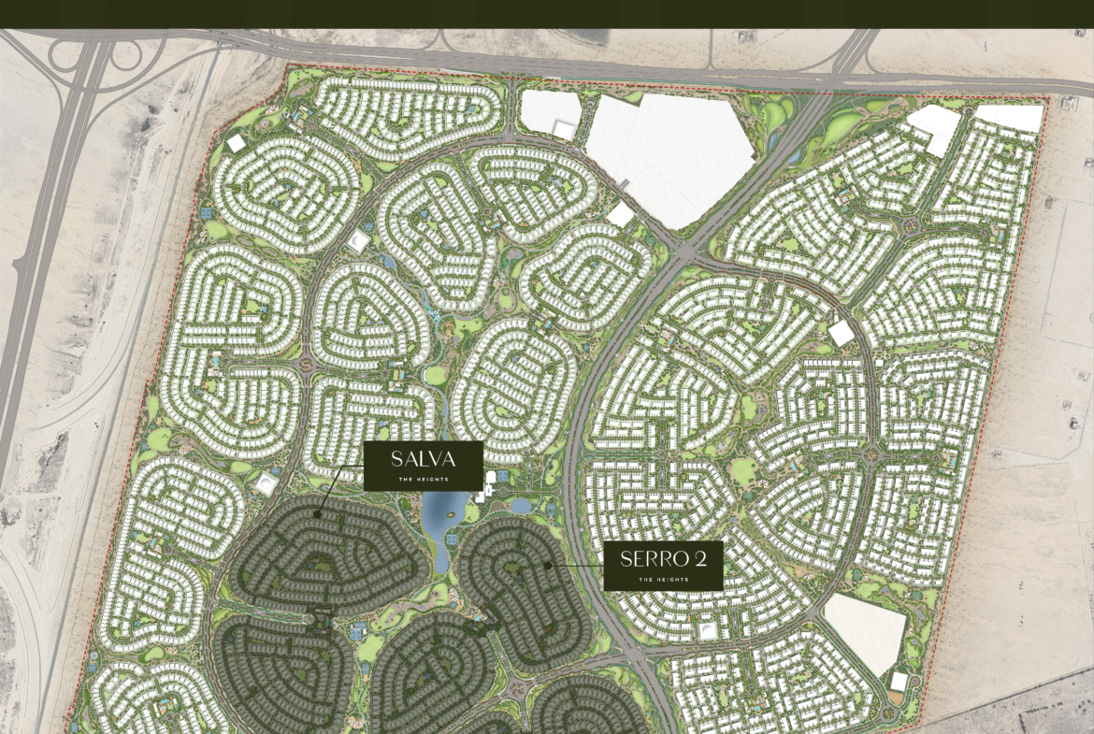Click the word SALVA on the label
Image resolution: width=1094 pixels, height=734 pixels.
click(x=423, y=459)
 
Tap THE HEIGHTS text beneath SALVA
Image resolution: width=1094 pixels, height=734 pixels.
click(x=423, y=479)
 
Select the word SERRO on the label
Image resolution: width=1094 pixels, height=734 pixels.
click(x=651, y=559)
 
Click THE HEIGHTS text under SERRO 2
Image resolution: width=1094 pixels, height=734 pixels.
click(x=663, y=580)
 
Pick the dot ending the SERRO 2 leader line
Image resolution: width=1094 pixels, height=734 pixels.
click(x=547, y=565)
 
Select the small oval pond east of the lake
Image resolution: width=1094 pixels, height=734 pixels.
click(x=520, y=506)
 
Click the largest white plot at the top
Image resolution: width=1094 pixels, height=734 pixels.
click(x=669, y=154)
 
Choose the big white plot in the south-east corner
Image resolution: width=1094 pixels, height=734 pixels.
click(x=865, y=631)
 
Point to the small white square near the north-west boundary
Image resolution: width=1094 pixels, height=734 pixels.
click(x=237, y=143)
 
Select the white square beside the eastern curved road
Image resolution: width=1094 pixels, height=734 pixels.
click(x=841, y=333)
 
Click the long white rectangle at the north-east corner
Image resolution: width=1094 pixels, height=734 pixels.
click(x=1009, y=117)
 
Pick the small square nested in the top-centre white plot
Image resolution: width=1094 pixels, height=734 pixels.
click(x=564, y=130)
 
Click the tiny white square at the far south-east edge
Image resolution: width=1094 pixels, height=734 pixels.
click(x=899, y=682)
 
